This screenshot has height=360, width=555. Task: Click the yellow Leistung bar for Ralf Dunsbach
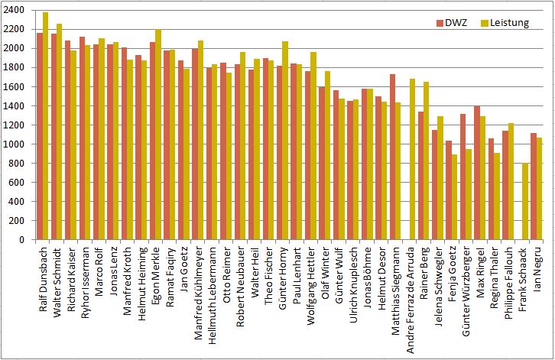[x=46, y=126]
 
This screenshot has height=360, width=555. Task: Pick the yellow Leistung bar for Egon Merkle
[x=158, y=135]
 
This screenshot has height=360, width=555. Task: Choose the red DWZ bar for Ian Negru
[x=533, y=186]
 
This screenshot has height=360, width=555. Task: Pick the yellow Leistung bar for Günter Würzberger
[x=467, y=194]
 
